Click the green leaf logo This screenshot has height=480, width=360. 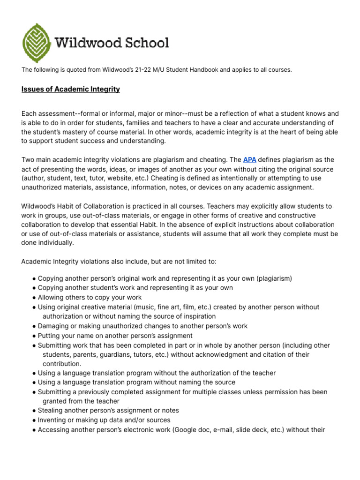click(x=37, y=43)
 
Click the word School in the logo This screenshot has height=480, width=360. click(x=146, y=43)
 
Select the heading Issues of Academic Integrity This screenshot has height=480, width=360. click(x=70, y=89)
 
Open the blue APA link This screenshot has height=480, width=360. click(x=249, y=160)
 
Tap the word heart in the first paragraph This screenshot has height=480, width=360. click(x=277, y=132)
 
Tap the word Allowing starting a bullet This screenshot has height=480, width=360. click(x=51, y=297)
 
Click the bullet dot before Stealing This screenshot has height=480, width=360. click(x=35, y=411)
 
